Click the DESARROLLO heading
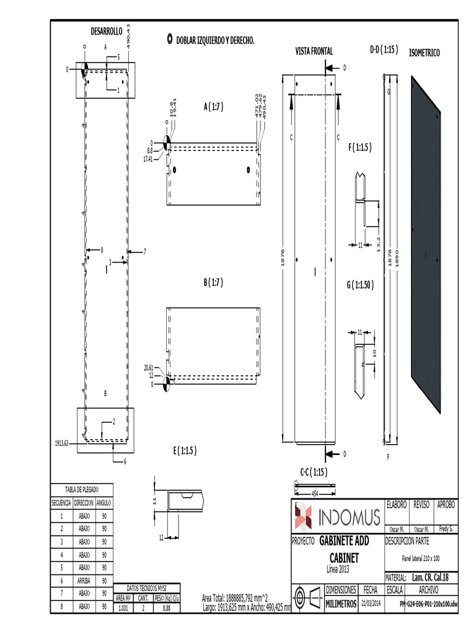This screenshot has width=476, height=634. (107, 30)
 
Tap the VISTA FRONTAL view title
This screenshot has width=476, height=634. (314, 51)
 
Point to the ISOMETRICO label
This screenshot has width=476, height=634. (425, 54)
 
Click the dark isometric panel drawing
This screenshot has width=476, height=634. (426, 248)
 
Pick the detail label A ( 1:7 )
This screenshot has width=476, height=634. (213, 106)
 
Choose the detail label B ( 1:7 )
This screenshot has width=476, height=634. (213, 282)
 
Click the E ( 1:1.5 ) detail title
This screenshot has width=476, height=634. (185, 451)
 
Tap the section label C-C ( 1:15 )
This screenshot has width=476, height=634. (314, 472)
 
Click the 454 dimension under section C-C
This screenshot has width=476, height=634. (315, 493)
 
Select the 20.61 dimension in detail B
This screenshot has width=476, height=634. (149, 368)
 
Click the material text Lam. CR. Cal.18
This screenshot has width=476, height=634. (429, 577)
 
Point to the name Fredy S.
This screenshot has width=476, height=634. (446, 529)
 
